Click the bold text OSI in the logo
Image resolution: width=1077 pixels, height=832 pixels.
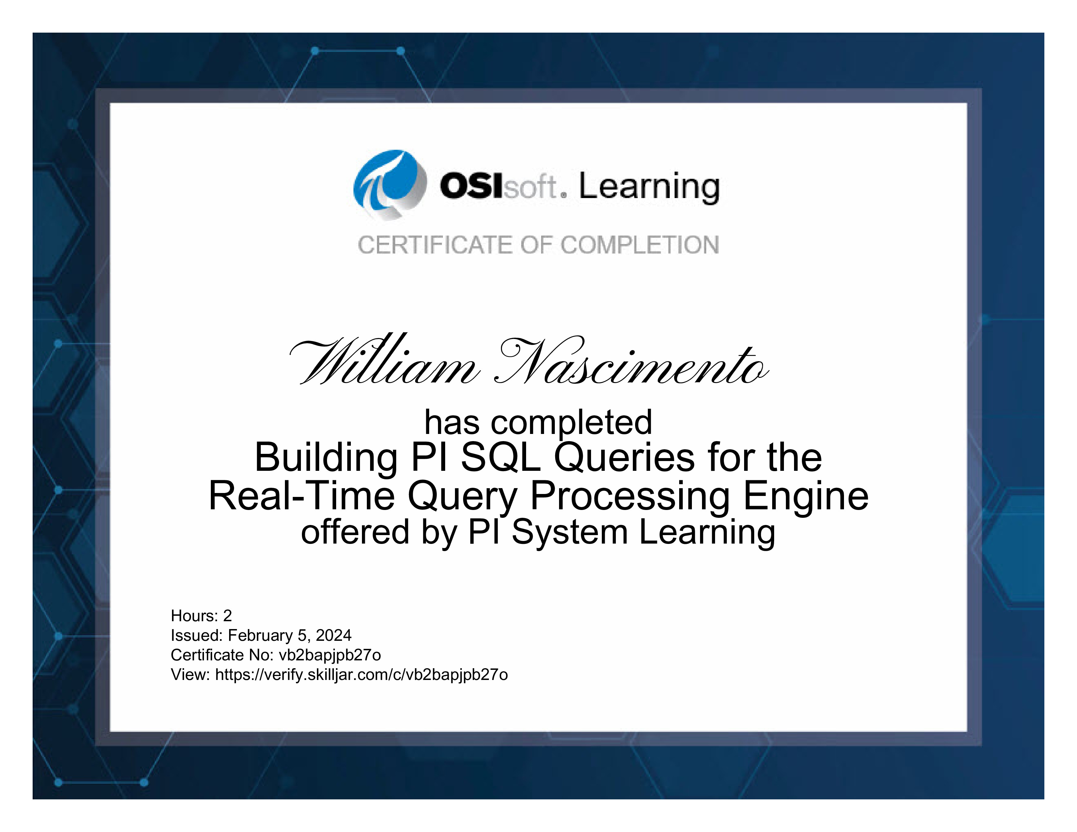pos(471,186)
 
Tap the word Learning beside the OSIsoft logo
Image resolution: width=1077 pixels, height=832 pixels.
pos(649,188)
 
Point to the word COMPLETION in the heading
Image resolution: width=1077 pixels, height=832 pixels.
pos(640,245)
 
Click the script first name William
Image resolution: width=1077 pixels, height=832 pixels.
pos(384,360)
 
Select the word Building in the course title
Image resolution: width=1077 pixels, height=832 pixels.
pos(326,457)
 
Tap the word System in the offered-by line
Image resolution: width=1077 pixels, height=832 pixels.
pos(570,533)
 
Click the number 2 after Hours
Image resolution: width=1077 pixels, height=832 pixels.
pos(227,616)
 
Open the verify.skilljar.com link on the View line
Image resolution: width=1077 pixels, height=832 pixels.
pos(362,675)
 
